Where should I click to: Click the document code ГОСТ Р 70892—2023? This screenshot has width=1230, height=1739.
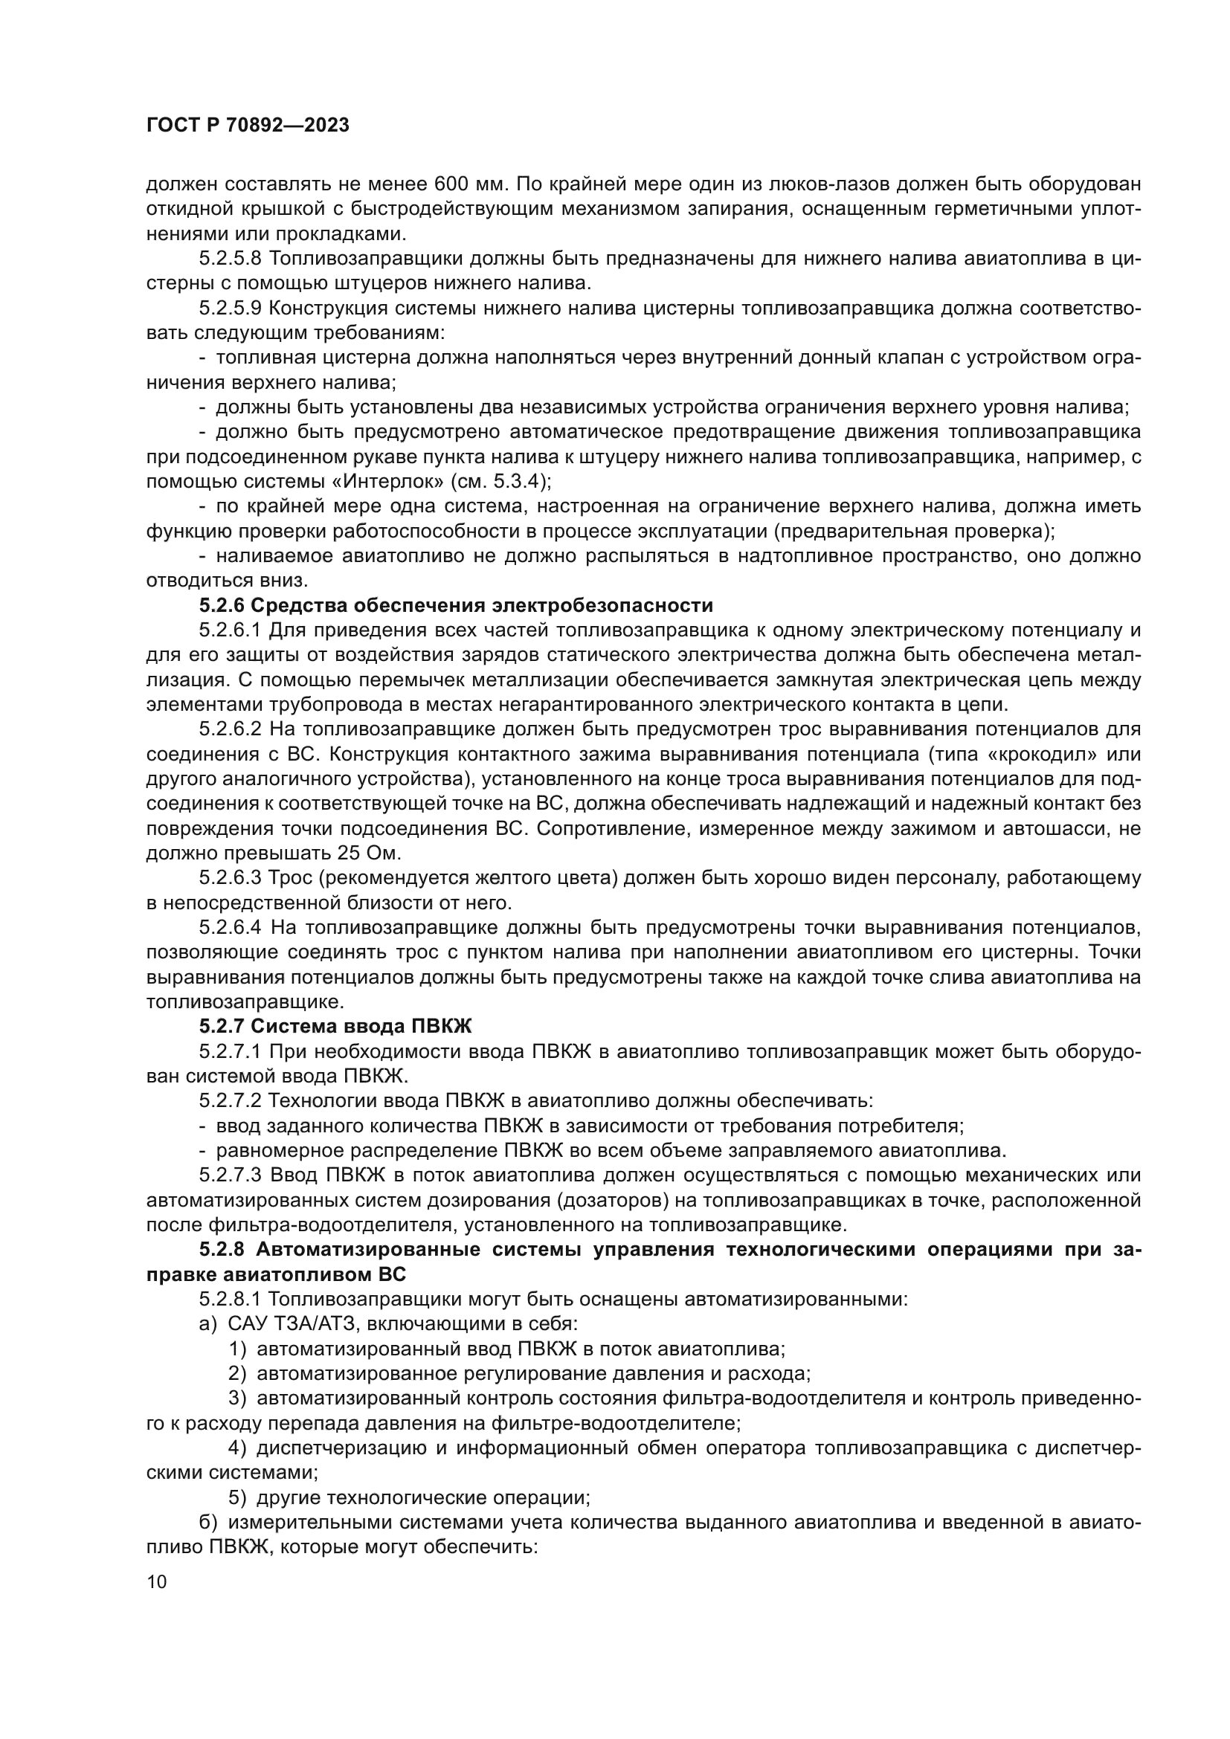pos(248,126)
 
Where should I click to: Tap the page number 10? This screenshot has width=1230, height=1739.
pos(157,1581)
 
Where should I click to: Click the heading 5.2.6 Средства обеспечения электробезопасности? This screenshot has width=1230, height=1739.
pos(456,605)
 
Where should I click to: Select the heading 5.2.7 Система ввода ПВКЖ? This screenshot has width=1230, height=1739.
pos(335,1026)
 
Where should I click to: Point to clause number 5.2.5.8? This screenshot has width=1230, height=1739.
pos(231,258)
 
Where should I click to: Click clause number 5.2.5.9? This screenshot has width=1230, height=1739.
pos(231,309)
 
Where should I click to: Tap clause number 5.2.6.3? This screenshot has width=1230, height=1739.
pos(231,878)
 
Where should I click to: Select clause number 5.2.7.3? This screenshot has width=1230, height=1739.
pos(231,1175)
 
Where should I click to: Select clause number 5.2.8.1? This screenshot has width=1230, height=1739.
pos(231,1299)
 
